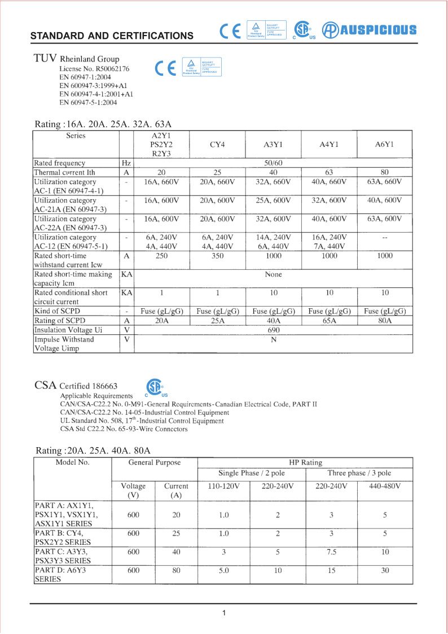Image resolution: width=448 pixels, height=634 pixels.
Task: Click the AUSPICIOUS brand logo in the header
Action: [x=370, y=30]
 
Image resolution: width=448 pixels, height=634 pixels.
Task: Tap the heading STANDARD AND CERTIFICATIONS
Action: [x=112, y=36]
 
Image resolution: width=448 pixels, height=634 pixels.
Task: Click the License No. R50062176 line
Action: [x=94, y=69]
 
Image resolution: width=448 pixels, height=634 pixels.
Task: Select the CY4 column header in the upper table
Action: [x=217, y=145]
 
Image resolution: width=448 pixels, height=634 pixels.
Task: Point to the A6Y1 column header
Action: [x=384, y=145]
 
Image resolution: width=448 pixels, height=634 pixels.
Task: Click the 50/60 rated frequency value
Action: [x=273, y=163]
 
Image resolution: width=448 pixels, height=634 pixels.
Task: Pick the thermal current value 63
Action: [x=329, y=172]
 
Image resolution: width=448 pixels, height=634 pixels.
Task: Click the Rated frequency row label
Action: [x=60, y=163]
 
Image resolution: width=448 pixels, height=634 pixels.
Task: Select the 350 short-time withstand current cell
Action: [x=217, y=256]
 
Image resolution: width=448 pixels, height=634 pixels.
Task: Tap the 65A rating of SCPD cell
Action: [x=329, y=321]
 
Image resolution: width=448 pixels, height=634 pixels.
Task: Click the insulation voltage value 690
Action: [x=273, y=330]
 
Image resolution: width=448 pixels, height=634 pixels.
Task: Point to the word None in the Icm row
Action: [x=273, y=274]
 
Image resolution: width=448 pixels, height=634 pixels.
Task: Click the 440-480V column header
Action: [x=385, y=486]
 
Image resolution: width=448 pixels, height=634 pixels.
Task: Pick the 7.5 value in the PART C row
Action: [x=331, y=552]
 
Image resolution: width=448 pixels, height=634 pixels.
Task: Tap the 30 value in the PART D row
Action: [x=385, y=570]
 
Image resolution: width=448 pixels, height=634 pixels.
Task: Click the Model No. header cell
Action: [x=72, y=462]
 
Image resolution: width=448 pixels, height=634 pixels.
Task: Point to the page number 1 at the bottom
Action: [x=224, y=613]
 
